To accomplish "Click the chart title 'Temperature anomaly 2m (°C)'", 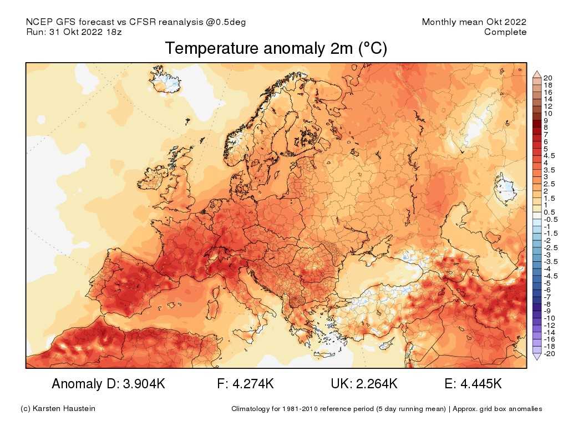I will coord(276,49).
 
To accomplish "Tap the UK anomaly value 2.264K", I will coord(377,384).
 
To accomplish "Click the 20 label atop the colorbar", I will coord(548,78).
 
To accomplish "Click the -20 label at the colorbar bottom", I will coord(549,354).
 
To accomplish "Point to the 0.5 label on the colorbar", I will coord(549,212).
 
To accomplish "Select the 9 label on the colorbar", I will coord(546,120).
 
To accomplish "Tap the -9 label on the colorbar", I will coord(547,311).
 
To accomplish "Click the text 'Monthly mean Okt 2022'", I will coord(474,22).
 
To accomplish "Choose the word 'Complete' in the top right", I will coord(505,32).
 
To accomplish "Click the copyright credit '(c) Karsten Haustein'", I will coord(58,409).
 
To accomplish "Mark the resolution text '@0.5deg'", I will coord(227,22).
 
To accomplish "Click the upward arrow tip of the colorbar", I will coord(536,73).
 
